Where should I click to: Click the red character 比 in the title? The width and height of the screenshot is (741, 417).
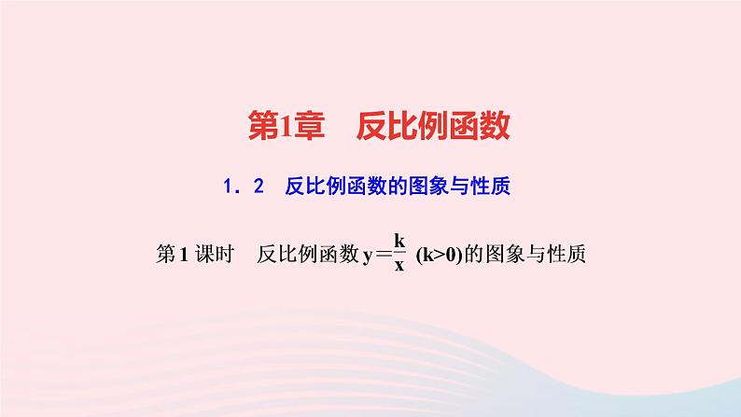[x=401, y=127]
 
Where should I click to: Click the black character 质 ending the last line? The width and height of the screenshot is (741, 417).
[x=575, y=253]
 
